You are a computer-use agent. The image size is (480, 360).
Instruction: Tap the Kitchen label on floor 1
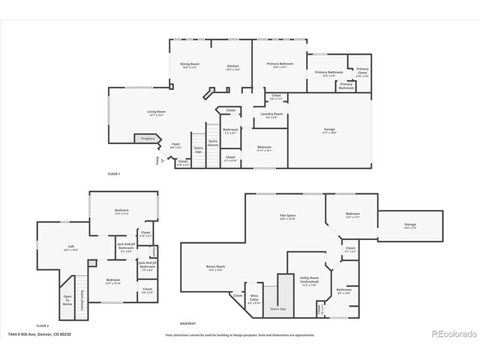coord(233,67)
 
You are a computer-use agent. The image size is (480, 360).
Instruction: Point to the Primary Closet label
coord(362,72)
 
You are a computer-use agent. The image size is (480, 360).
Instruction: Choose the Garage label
coord(329,130)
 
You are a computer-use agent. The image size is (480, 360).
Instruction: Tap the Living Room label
coord(156,113)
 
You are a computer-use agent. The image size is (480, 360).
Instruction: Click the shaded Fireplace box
coord(145,138)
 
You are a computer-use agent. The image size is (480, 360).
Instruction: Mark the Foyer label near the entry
coord(175,145)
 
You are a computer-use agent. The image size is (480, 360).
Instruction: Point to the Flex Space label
coord(287,217)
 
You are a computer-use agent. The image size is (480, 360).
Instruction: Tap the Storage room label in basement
coord(410,226)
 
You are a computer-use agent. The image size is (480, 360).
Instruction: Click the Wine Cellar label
coord(255,301)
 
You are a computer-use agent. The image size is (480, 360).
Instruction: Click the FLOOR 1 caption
coord(114,174)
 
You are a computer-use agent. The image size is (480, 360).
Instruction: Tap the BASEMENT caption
coord(187,323)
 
